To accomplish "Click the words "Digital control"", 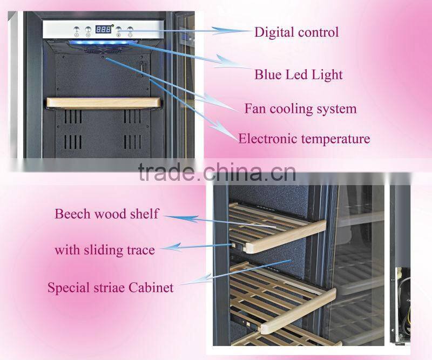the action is (x=296, y=32).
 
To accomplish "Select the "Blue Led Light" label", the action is (x=298, y=74).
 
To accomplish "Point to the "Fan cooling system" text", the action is (x=300, y=108).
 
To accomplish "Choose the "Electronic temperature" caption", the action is (x=304, y=139).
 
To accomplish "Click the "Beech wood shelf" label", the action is (x=106, y=214).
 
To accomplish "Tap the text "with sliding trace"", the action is (x=104, y=250).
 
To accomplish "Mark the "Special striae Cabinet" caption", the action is (x=110, y=287).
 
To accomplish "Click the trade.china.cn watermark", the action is (x=217, y=173).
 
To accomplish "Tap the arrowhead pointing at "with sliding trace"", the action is (x=167, y=248).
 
